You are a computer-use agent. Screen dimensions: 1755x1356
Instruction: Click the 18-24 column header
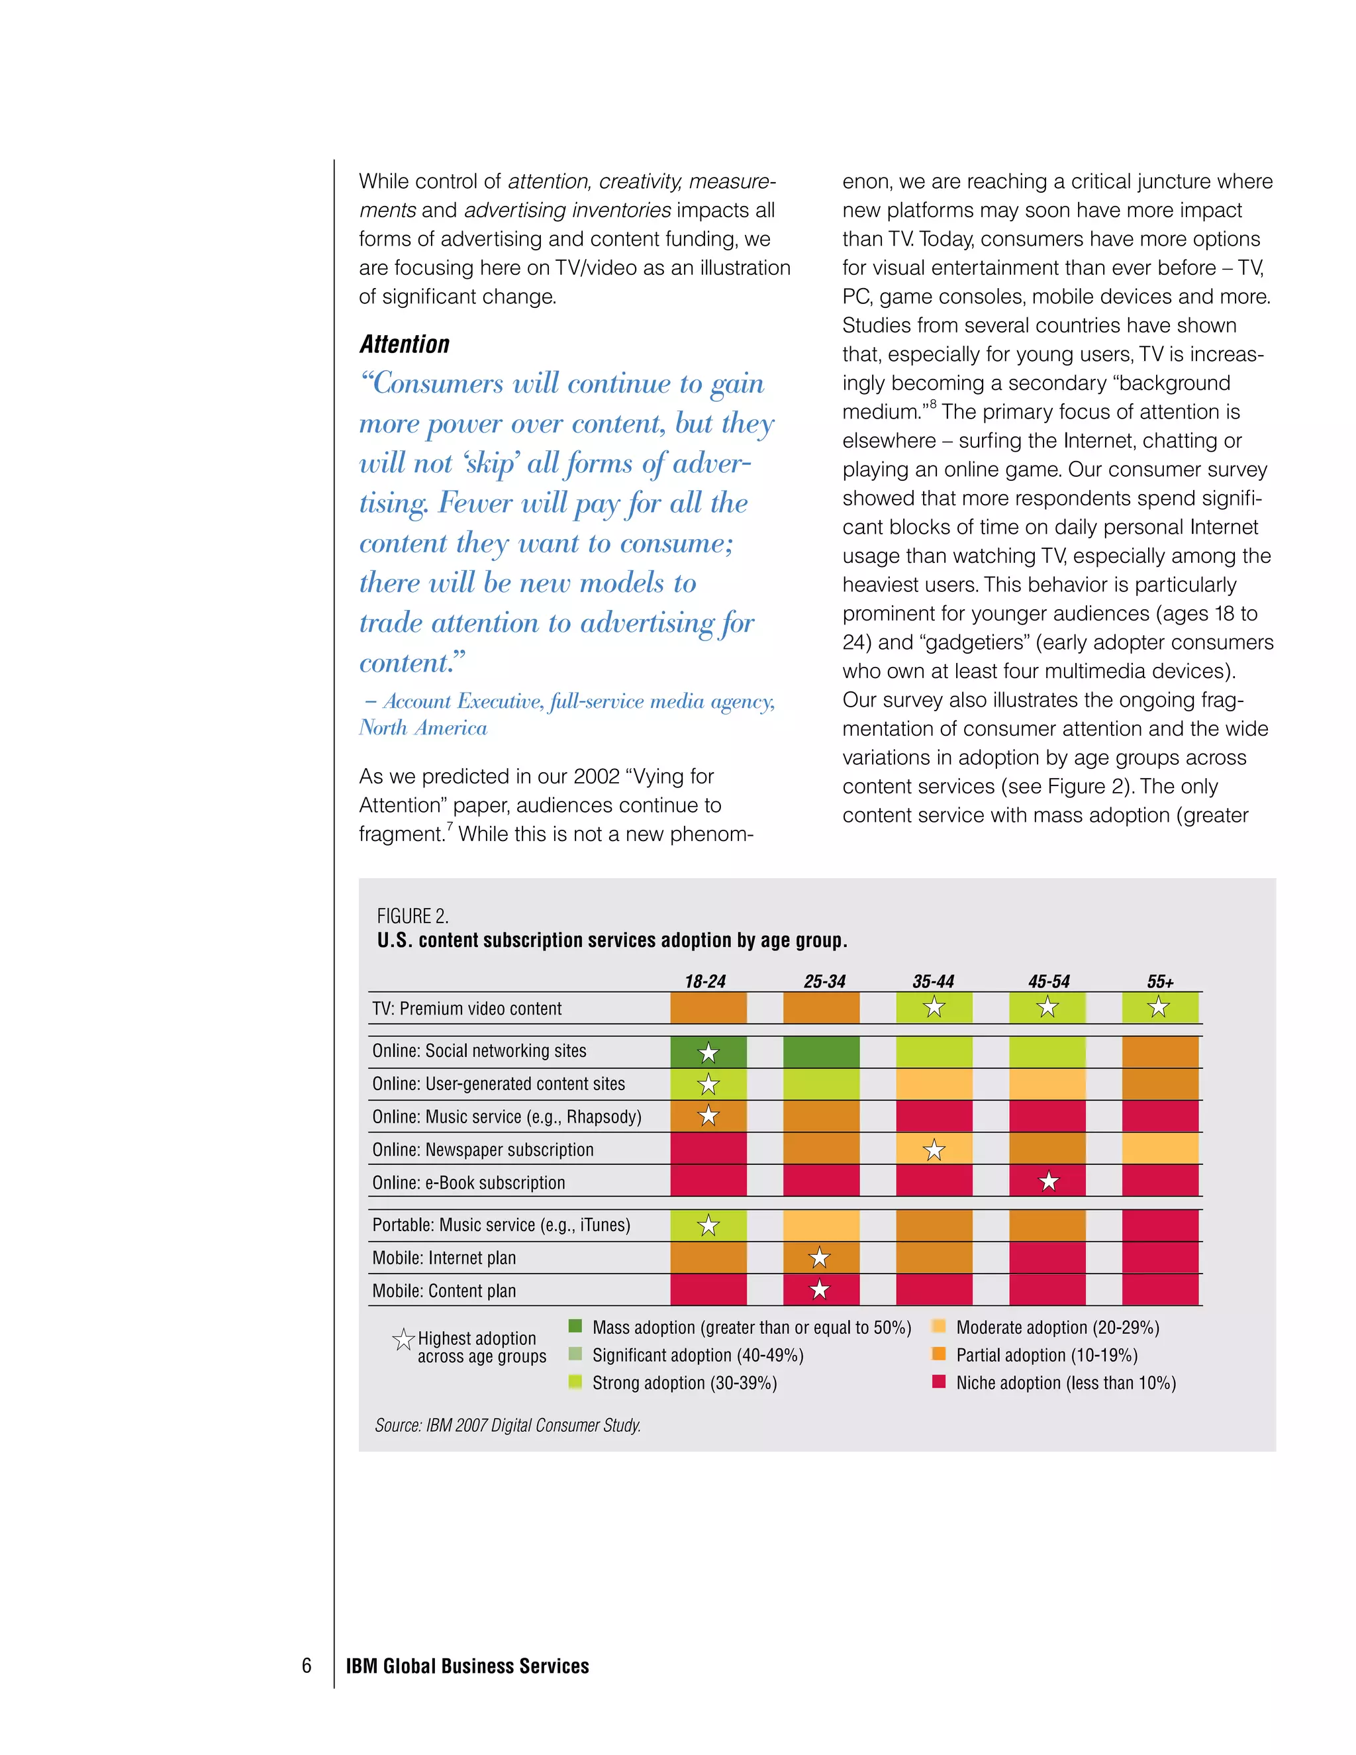704,981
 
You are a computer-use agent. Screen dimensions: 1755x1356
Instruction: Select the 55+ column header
1159,981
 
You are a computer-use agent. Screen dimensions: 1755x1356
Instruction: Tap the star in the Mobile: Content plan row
818,1289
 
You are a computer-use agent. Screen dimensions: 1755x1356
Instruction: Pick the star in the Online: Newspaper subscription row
934,1150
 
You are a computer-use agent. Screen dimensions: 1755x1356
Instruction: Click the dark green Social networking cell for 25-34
821,1052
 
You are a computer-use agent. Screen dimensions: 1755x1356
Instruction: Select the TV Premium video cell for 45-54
1047,1007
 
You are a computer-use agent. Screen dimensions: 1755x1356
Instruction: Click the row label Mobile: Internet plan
444,1258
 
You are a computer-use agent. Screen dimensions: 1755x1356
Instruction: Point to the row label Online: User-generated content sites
498,1084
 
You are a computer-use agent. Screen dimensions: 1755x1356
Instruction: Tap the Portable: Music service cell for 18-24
708,1225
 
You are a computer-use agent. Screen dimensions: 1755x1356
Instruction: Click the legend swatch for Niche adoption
938,1381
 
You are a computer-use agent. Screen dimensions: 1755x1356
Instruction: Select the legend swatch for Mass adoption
574,1326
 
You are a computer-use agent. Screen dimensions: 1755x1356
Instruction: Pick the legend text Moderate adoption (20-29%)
1057,1327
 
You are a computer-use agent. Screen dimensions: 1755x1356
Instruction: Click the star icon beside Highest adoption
403,1338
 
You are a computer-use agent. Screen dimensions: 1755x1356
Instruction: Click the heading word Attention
404,344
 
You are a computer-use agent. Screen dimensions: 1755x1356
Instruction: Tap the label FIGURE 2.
412,916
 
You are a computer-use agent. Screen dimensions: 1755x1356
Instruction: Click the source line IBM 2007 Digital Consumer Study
507,1425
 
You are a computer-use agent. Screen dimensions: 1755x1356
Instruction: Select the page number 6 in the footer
306,1666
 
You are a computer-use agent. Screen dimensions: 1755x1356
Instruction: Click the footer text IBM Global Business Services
467,1666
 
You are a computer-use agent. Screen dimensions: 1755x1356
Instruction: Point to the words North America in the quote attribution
422,728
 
